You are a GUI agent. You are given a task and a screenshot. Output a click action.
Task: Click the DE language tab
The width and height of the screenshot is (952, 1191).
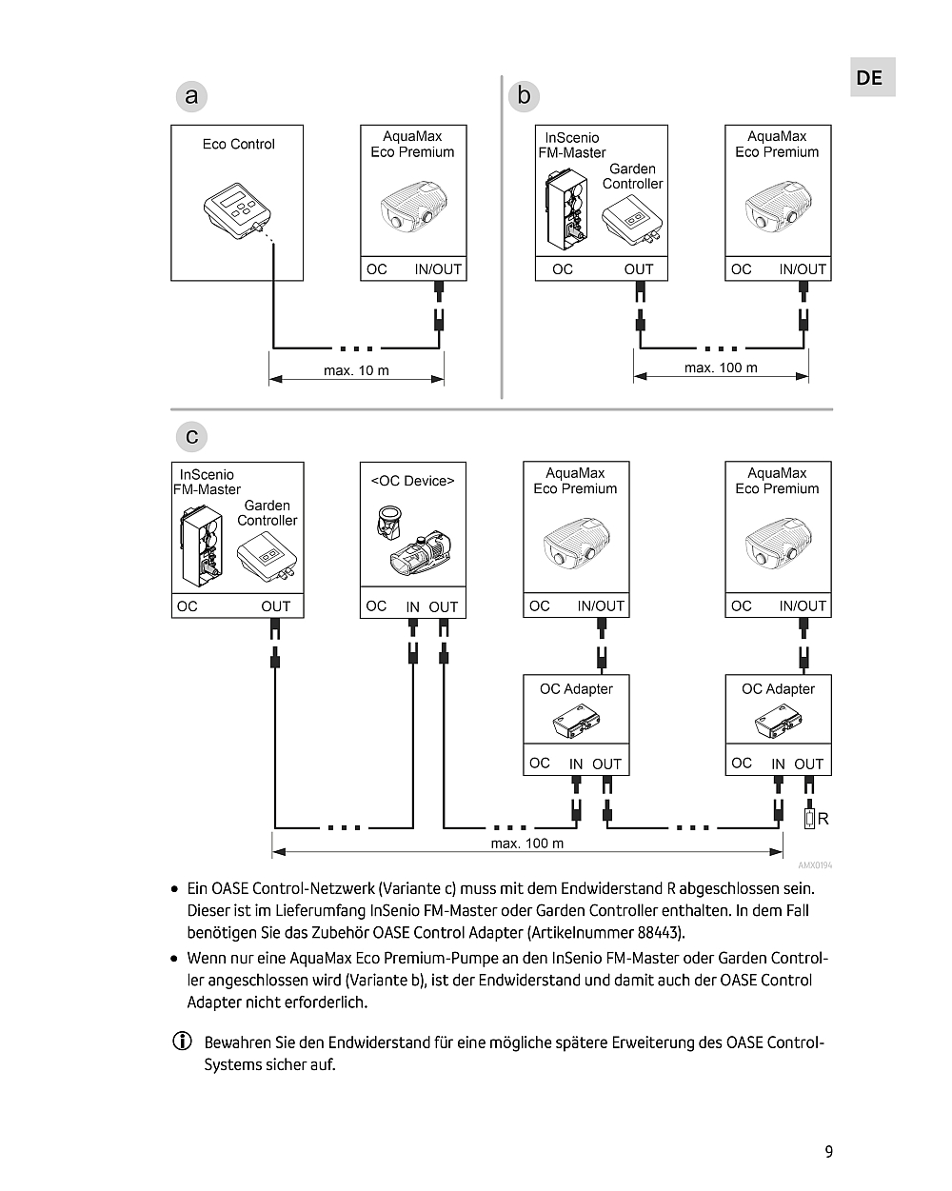click(869, 78)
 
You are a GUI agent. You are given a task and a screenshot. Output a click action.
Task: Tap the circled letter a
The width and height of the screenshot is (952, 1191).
click(191, 96)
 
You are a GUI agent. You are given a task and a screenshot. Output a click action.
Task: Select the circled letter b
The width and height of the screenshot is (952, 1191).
click(524, 96)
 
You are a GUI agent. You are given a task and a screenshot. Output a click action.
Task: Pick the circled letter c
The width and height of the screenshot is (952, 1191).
click(191, 437)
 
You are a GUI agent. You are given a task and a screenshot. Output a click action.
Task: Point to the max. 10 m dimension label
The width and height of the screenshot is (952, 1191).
click(356, 370)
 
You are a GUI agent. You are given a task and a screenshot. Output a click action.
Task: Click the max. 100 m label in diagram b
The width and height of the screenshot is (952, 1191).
click(721, 367)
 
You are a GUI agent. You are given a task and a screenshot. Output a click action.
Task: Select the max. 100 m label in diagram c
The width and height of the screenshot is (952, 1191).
click(526, 844)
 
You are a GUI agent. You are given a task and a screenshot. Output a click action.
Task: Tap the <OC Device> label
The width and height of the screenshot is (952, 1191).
click(412, 481)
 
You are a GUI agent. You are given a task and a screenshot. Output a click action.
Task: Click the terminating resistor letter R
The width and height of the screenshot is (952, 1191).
click(823, 819)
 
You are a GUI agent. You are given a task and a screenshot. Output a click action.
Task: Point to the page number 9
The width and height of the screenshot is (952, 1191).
click(828, 1152)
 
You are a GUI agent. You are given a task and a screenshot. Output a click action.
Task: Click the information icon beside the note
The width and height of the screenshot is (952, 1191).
click(181, 1042)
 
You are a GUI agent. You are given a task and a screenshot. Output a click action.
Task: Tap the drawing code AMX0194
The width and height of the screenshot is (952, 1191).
click(815, 865)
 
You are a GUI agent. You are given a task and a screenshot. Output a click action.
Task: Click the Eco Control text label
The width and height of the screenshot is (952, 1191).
click(238, 145)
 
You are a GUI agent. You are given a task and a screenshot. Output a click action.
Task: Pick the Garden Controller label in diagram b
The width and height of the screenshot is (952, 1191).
click(632, 176)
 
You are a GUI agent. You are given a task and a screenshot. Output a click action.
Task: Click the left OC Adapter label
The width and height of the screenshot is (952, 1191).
click(576, 689)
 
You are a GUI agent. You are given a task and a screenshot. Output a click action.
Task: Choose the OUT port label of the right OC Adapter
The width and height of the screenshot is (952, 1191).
click(808, 764)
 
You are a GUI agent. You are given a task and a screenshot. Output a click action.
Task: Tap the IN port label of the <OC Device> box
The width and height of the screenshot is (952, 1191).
click(412, 607)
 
